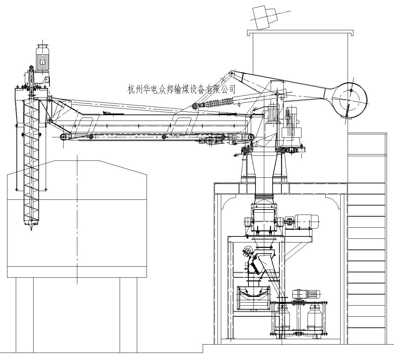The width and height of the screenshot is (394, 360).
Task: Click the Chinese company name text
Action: [x=182, y=89]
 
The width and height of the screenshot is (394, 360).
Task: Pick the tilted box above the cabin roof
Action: [x=265, y=16]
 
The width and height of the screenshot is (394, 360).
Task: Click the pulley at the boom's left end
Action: [x=63, y=137]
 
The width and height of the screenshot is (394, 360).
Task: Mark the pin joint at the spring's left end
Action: [x=195, y=107]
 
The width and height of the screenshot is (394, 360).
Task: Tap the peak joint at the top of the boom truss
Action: [x=231, y=73]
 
